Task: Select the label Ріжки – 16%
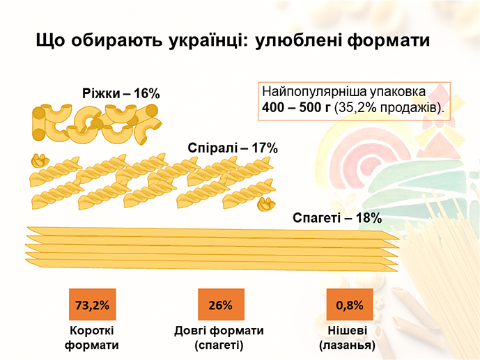pos(121,93)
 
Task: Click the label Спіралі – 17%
pos(233,148)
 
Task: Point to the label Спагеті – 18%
pos(337,218)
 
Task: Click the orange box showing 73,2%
pos(91,304)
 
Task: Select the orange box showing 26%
pos(219,304)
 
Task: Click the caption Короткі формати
pos(91,337)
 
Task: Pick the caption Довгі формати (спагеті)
pos(219,337)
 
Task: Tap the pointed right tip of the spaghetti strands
pos(396,243)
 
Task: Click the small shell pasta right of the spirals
pos(265,204)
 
